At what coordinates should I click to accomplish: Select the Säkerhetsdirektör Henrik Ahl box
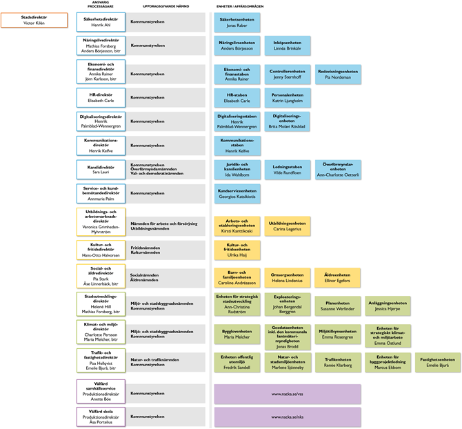[101, 22]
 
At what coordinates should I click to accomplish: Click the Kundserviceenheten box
[237, 194]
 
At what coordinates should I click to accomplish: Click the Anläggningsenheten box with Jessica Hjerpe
[388, 306]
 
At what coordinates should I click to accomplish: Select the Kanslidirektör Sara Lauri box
[101, 170]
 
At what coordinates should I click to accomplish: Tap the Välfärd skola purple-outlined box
[101, 417]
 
